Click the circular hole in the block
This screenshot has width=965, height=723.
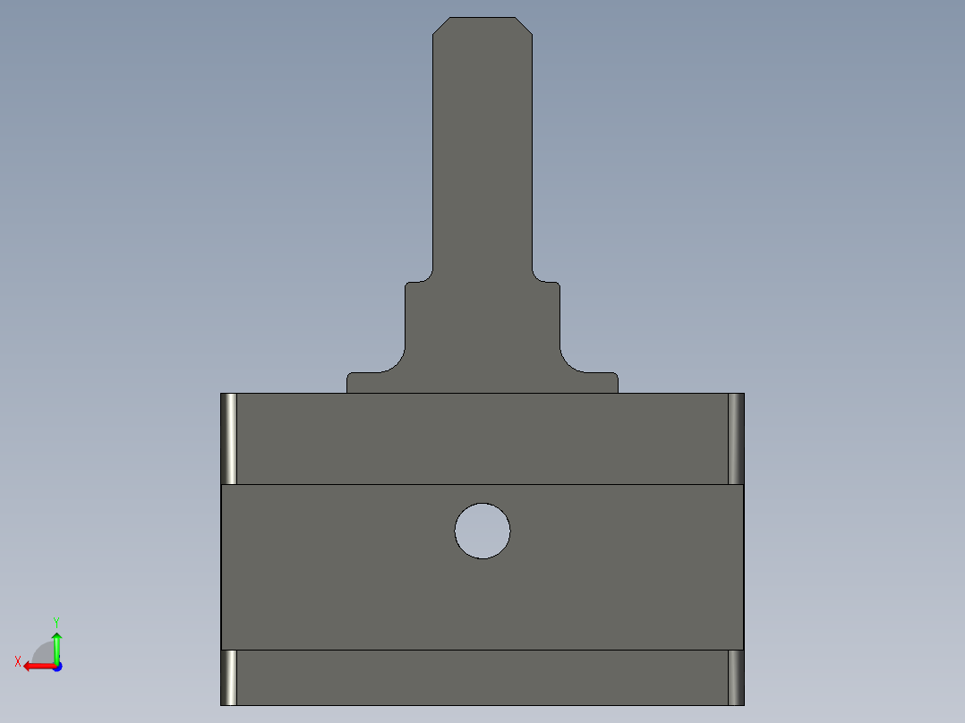pyautogui.click(x=482, y=531)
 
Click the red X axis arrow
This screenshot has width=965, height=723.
pyautogui.click(x=40, y=667)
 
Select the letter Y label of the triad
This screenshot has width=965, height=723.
pyautogui.click(x=56, y=622)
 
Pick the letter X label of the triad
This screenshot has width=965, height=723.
pyautogui.click(x=18, y=661)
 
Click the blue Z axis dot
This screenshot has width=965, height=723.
pyautogui.click(x=58, y=667)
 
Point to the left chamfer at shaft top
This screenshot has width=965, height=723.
pyautogui.click(x=441, y=26)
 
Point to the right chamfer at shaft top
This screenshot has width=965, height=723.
pyautogui.click(x=524, y=26)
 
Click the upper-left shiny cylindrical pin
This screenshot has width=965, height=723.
pyautogui.click(x=229, y=438)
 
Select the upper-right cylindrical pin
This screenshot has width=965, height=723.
pyautogui.click(x=736, y=438)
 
